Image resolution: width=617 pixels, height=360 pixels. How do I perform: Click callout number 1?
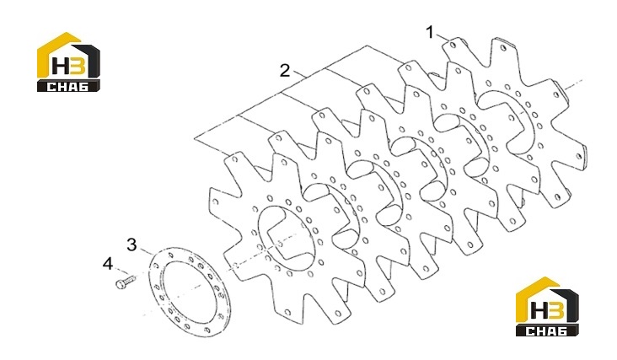tap(430, 33)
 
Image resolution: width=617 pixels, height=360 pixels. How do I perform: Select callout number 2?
tap(285, 71)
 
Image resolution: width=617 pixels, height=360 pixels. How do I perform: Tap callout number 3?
tap(131, 244)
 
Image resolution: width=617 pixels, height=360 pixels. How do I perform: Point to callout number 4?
tap(108, 264)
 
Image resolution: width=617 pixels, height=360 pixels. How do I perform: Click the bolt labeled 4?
tap(125, 282)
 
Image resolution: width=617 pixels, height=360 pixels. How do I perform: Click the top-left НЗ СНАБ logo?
tap(69, 62)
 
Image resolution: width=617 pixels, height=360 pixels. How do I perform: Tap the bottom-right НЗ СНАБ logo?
tap(547, 307)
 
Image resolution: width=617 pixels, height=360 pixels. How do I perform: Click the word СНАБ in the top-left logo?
tap(67, 87)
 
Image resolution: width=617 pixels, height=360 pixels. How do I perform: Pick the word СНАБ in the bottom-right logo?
tap(546, 330)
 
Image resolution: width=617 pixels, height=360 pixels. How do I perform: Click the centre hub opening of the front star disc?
tap(286, 236)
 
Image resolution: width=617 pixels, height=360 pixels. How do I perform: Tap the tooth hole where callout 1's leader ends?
tap(453, 45)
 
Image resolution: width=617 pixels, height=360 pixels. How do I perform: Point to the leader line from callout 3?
tap(146, 252)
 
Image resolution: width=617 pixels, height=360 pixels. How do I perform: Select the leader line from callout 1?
tap(442, 38)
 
